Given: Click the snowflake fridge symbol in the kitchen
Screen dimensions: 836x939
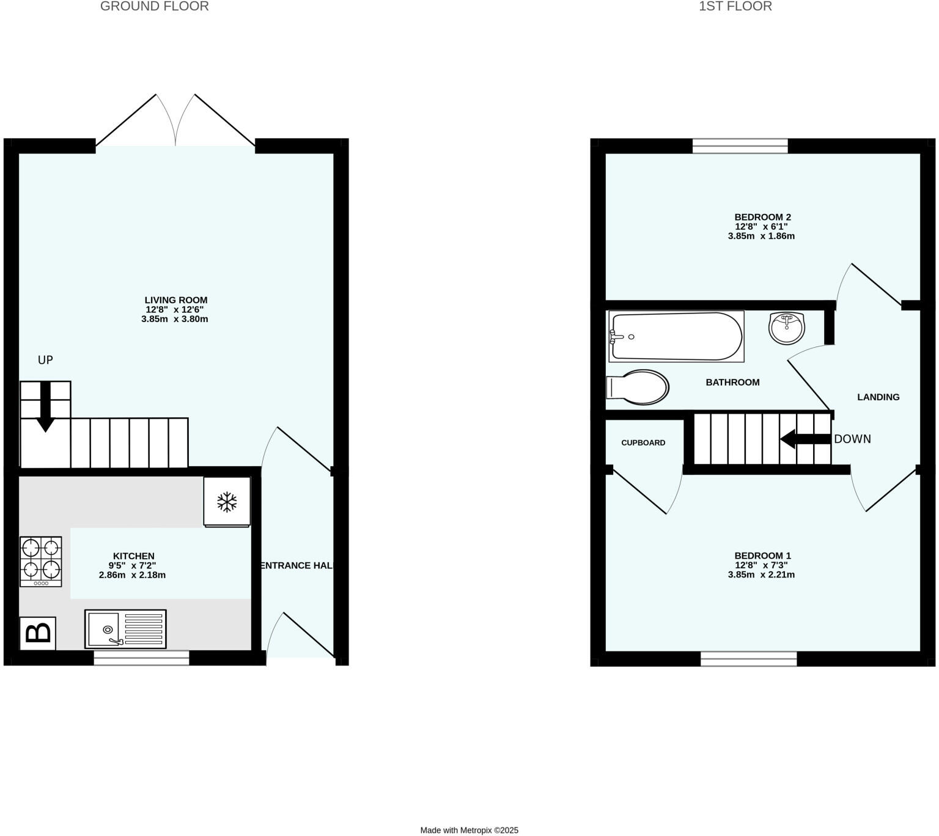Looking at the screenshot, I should coord(227,502).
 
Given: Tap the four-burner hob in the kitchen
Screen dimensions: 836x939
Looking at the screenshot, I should coord(41,560).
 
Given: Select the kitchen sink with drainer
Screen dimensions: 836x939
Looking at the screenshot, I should coord(125,629).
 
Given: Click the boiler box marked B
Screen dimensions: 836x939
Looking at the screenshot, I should coord(38,633).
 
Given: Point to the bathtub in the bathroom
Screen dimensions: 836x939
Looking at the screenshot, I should coord(676,336).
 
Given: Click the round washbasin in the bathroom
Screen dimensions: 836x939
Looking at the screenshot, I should coord(787,328).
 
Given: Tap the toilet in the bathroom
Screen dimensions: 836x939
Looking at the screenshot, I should coord(638,387).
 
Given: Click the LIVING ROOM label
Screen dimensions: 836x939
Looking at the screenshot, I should coord(176,300).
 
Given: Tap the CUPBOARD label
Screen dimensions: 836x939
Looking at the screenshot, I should coord(643,442).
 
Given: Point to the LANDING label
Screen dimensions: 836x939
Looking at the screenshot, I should coord(878,397).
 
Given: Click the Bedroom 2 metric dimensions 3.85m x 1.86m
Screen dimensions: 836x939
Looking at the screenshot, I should coord(761,236).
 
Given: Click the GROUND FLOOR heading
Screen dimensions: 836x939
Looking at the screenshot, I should coord(154,7).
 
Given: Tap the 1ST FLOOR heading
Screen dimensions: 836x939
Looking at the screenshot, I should coord(735,7).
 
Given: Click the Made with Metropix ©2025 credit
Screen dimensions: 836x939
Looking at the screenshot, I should coord(469,830).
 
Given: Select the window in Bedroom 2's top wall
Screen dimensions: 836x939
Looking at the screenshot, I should coord(740,145).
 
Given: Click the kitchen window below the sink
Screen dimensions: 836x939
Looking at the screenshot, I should coord(141,658).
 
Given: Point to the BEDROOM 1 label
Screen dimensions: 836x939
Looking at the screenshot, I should coord(762,555).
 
